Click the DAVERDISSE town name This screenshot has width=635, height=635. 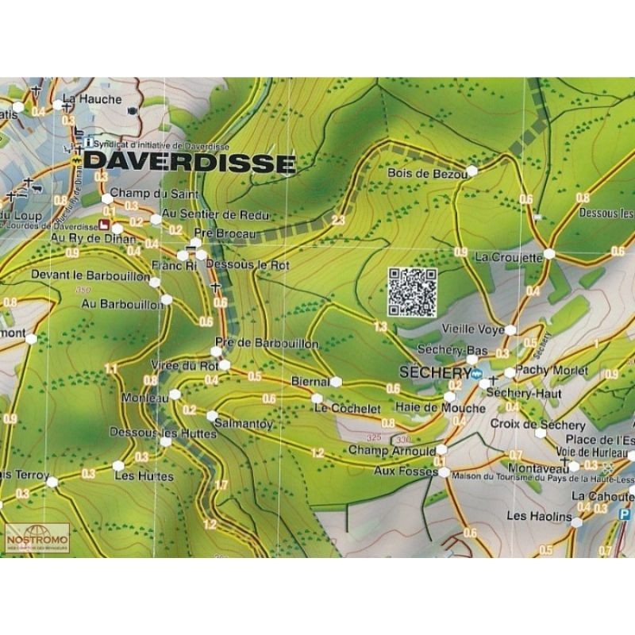[x=190, y=164]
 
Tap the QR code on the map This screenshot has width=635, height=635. [x=412, y=292]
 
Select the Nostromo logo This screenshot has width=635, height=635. [x=37, y=539]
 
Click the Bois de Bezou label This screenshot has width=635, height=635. [x=422, y=173]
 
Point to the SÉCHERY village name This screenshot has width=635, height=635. [x=432, y=372]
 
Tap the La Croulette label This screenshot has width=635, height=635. [x=508, y=257]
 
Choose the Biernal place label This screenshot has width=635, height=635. [x=310, y=382]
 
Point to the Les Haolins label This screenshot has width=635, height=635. [x=538, y=517]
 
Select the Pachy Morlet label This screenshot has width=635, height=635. [x=552, y=371]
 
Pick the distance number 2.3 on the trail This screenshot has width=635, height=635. [x=339, y=221]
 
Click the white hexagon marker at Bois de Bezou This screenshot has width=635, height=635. [x=472, y=171]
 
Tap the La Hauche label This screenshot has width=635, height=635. [x=93, y=99]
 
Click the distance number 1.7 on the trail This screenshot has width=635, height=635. [x=221, y=484]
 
